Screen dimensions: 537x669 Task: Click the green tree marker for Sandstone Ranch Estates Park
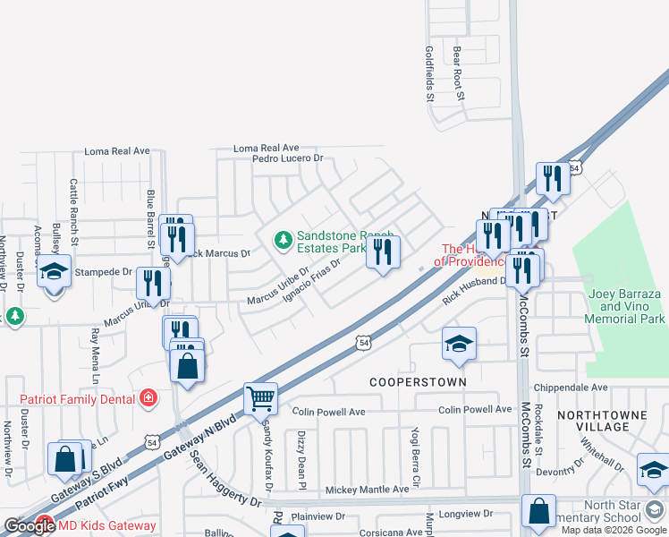284,239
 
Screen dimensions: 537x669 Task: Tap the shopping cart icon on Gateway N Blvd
260,399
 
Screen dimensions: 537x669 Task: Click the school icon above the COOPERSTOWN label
459,345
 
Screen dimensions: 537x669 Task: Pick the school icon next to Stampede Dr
54,270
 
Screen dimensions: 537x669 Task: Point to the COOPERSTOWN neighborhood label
419,382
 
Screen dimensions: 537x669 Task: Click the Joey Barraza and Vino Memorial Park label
626,306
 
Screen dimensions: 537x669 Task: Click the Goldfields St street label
429,72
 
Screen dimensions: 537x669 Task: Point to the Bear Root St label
458,72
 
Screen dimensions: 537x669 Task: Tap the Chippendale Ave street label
570,388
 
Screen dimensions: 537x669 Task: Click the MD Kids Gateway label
106,526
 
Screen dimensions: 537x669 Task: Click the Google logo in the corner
29,527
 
